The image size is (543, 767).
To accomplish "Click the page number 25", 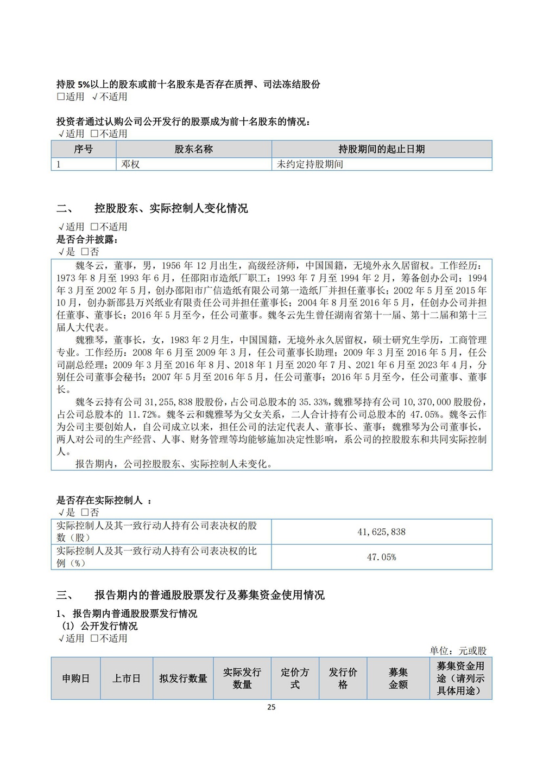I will (271, 707).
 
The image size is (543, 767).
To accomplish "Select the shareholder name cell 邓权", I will (131, 164).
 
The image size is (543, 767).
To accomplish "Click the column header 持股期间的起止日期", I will (381, 149).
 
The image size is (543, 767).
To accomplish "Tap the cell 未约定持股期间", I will (310, 164).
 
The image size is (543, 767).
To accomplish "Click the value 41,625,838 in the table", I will (381, 532).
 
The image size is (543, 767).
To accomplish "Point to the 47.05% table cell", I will (381, 557).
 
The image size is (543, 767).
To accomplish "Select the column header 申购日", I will (76, 678).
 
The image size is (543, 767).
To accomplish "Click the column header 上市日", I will (127, 678).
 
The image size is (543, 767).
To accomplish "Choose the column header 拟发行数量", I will (183, 678).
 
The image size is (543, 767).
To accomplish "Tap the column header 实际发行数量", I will (242, 678).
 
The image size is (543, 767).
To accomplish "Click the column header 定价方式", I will (295, 678).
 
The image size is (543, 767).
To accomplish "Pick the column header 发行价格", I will (343, 678).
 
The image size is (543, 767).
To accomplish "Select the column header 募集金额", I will (398, 678).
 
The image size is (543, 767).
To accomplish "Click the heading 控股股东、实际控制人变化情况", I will (171, 208).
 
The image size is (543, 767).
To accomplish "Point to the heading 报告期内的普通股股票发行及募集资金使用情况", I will (210, 595).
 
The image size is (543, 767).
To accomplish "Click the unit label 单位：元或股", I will (458, 650).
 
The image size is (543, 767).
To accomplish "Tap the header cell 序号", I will (84, 149).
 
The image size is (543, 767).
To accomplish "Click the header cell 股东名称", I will (194, 149).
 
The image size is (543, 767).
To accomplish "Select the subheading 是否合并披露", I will (87, 239).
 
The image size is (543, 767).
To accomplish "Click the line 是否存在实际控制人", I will (103, 500).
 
